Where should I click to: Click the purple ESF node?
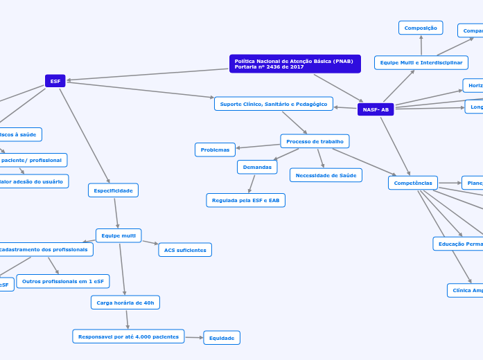55,81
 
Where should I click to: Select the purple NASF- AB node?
376,109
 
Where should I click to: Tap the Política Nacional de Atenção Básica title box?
295,64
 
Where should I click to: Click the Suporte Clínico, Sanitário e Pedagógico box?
273,104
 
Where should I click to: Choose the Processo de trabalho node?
315,141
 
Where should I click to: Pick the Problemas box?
215,150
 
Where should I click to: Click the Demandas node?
257,167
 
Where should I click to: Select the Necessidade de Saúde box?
326,175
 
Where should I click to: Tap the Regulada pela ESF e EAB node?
245,200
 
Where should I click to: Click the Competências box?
413,183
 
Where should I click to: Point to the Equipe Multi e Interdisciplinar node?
421,63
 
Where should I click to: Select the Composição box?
421,28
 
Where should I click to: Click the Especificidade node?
113,190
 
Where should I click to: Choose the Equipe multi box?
118,235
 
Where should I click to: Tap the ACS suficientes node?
185,250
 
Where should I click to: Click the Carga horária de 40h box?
125,303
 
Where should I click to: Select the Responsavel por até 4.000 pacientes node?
128,336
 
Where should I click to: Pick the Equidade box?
222,338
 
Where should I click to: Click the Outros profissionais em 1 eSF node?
63,281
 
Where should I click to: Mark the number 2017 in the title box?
296,67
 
